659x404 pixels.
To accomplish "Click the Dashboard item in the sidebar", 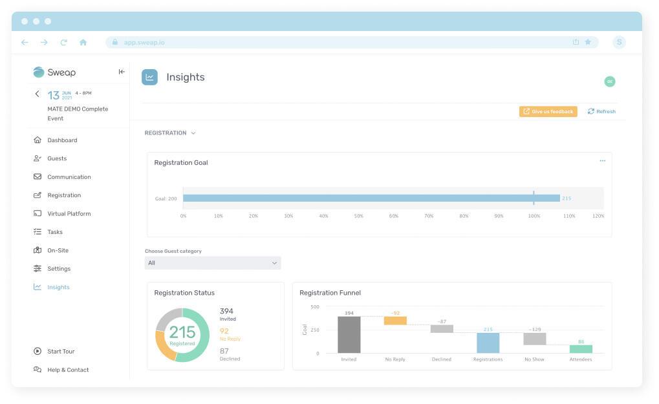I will tap(61, 140).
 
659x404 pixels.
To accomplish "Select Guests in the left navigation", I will tap(56, 158).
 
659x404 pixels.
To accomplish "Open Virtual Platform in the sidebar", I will tap(69, 213).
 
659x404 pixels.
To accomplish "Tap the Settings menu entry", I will tap(58, 269).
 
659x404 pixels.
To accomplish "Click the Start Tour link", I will tap(60, 352).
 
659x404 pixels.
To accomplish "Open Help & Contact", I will tap(67, 370).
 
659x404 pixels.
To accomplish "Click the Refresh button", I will tap(601, 112).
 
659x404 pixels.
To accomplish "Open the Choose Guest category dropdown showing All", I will tap(213, 263).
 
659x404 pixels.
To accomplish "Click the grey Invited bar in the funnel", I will tap(349, 335).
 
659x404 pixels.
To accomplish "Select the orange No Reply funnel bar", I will tap(395, 321).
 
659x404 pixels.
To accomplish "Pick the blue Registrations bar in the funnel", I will tap(488, 343).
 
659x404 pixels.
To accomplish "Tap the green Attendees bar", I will tap(581, 349).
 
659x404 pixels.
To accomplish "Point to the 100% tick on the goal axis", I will tap(534, 216).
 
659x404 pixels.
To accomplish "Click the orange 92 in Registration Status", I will tap(224, 331).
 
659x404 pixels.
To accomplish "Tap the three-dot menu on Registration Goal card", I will tap(602, 162).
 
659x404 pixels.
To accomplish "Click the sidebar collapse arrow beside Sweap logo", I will tap(122, 72).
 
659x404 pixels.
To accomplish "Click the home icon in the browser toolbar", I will tap(83, 43).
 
